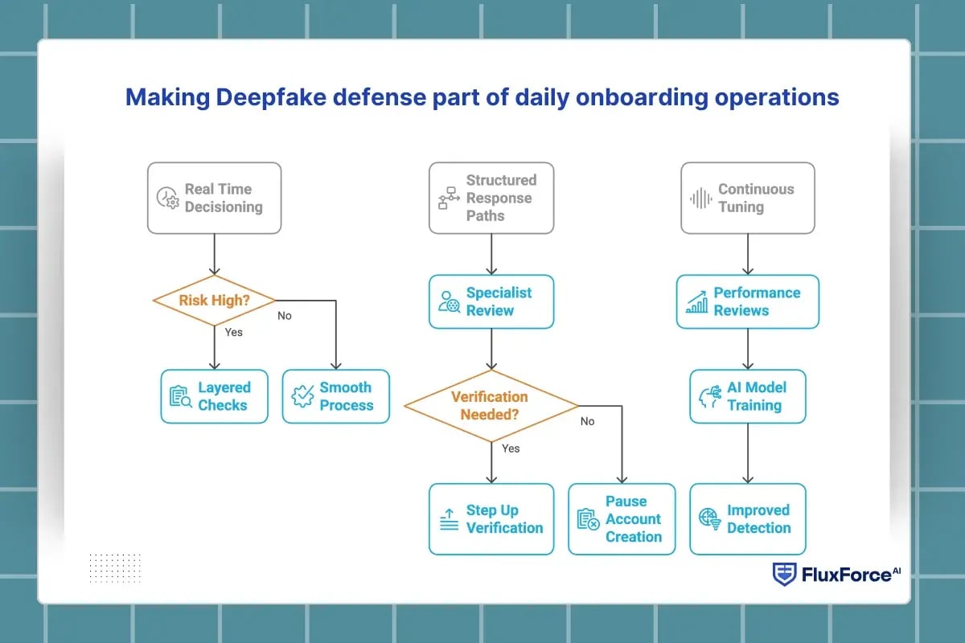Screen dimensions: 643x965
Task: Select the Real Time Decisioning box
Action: [214, 198]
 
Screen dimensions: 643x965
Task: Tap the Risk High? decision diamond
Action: [214, 301]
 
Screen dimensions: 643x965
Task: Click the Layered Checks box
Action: [214, 396]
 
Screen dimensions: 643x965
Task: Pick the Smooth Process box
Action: [335, 396]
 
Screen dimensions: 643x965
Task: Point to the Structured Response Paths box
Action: [491, 198]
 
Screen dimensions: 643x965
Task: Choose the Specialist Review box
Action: [491, 301]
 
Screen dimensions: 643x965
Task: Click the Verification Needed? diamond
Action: [491, 405]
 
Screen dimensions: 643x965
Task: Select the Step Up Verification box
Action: [491, 519]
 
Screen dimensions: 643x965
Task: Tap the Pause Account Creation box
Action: [622, 519]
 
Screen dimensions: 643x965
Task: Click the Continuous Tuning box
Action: [747, 198]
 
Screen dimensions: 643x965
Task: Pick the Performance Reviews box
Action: [747, 301]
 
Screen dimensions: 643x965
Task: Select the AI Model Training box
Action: [747, 396]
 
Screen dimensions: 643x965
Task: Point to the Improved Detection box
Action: [747, 519]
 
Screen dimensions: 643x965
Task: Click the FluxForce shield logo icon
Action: [784, 574]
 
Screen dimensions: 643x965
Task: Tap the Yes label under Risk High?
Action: [233, 332]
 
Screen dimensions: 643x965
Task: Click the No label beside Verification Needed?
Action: [587, 421]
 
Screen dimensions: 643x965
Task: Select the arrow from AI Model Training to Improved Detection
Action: [748, 453]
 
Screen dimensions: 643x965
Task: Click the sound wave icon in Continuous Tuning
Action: [701, 199]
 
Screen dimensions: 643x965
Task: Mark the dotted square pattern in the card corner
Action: [115, 567]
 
